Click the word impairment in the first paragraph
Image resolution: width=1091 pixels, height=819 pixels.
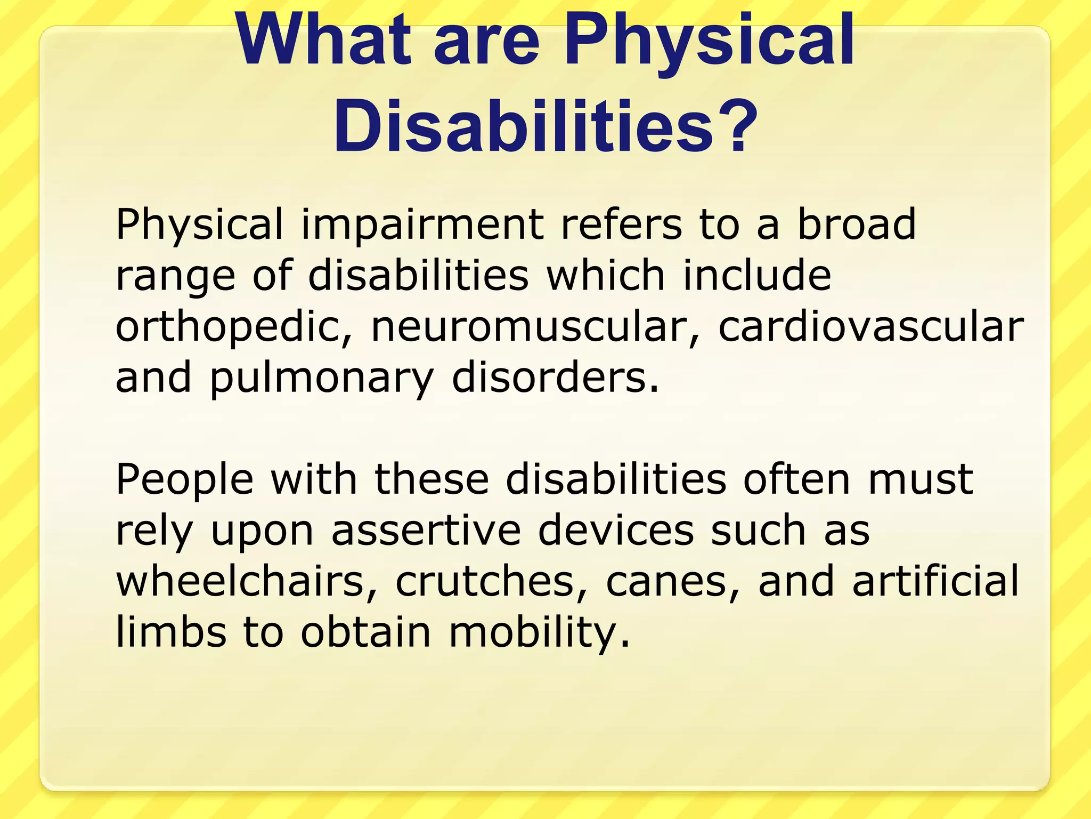click(x=422, y=226)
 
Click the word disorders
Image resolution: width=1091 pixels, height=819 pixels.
click(x=555, y=377)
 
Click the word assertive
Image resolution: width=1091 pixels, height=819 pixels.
click(x=426, y=531)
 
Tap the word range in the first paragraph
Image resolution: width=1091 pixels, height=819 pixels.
click(x=175, y=278)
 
